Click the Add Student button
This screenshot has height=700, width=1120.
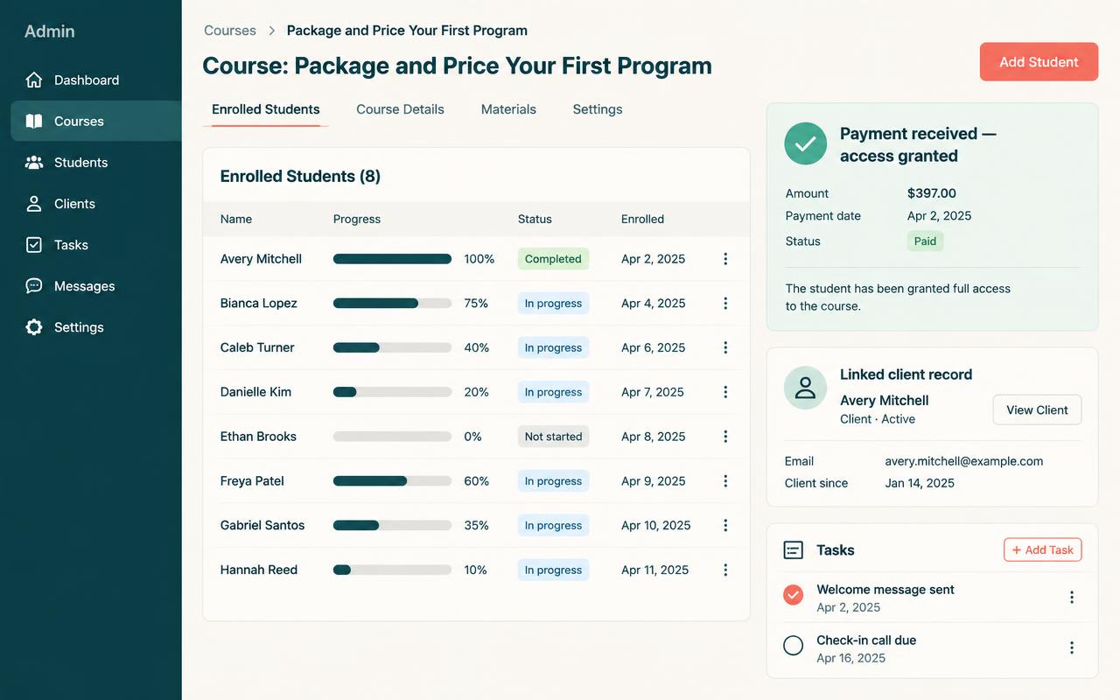(1039, 61)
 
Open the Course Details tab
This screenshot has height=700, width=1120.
(400, 109)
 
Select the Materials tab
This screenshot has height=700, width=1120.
(508, 109)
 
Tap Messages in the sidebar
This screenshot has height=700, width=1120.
(85, 286)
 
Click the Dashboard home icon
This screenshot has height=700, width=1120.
(34, 80)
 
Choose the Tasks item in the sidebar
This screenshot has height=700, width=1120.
(71, 245)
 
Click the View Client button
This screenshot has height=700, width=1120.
(1037, 410)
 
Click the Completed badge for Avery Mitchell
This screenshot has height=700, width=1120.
(553, 259)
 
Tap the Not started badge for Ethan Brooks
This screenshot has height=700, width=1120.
(553, 437)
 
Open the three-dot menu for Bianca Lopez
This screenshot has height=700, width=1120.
(725, 303)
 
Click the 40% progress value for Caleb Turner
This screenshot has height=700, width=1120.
(477, 347)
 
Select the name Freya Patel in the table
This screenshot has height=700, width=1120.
(252, 481)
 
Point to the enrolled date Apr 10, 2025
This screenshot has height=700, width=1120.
(655, 525)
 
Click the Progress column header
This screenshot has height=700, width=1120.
(356, 219)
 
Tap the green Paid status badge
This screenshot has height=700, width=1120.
(925, 241)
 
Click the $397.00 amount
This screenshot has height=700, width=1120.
(932, 193)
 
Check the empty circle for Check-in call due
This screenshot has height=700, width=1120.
(793, 645)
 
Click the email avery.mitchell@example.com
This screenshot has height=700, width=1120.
(964, 461)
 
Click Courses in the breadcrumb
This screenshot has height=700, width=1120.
(230, 31)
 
